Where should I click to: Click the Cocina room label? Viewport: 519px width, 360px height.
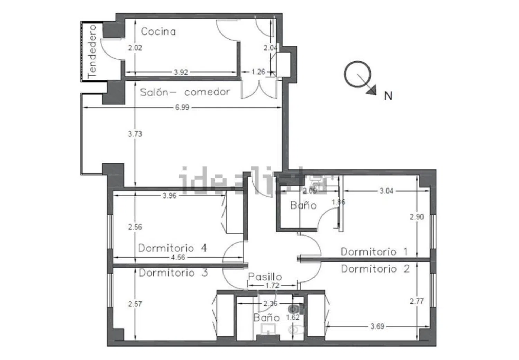158,31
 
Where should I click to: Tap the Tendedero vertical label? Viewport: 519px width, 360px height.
92,52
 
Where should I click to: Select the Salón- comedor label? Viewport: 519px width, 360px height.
185,92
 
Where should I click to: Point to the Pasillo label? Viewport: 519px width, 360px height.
265,277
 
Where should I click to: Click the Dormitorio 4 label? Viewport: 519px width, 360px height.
173,248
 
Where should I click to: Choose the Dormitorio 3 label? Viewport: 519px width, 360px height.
173,273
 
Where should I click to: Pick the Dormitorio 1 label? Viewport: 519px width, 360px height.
374,252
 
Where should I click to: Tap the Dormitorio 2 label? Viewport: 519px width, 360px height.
375,269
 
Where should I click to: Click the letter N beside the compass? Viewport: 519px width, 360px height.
388,96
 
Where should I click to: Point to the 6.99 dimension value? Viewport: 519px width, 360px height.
182,108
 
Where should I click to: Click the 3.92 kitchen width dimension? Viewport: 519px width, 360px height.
181,72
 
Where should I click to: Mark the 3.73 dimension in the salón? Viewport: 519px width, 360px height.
135,134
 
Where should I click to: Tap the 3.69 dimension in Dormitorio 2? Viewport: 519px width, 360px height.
377,326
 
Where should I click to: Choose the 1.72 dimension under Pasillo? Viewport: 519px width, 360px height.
272,285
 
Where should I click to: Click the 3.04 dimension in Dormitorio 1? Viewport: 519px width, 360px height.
386,191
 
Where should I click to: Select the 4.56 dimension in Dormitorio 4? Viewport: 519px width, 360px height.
178,257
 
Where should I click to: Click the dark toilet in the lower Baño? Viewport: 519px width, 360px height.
296,308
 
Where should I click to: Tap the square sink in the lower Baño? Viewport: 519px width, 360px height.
268,329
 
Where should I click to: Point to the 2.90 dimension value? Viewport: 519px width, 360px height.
417,217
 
